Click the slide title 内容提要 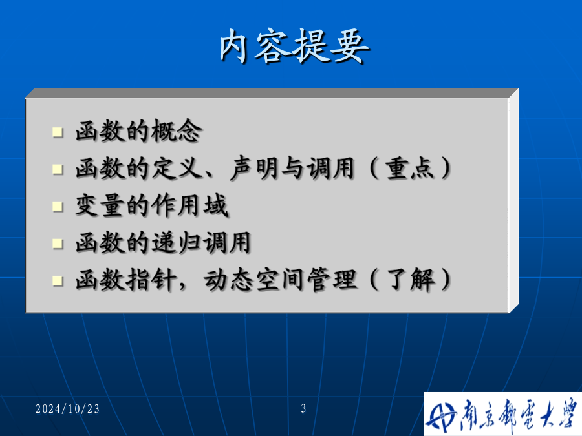click(x=294, y=46)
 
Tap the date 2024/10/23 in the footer click(x=67, y=409)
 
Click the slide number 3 click(x=303, y=408)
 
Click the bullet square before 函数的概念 click(x=58, y=132)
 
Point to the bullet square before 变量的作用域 click(x=58, y=207)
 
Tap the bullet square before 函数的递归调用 click(x=58, y=244)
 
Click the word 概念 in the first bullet click(x=177, y=131)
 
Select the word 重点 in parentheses click(x=409, y=168)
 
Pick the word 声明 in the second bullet click(x=254, y=168)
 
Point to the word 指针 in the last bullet click(x=151, y=279)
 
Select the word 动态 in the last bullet click(x=228, y=279)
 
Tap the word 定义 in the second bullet click(x=177, y=168)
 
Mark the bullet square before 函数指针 click(x=58, y=281)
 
